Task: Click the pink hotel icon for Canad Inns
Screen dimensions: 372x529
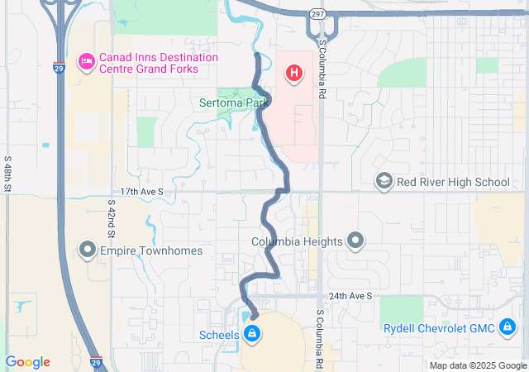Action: (85, 61)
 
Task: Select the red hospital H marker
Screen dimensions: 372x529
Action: (293, 74)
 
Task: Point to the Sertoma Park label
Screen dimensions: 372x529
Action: (234, 103)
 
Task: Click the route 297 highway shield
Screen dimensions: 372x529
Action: (317, 14)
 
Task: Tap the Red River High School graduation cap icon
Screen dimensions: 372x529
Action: (384, 182)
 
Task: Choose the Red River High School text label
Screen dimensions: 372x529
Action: (453, 182)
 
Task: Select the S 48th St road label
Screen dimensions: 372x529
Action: (7, 174)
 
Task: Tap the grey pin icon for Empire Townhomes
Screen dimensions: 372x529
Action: (88, 250)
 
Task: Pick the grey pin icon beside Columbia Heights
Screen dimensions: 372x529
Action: (355, 241)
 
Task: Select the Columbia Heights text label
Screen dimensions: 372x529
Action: (297, 242)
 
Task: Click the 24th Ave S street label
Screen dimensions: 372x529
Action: (350, 295)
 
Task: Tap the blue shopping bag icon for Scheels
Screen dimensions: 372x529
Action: (252, 335)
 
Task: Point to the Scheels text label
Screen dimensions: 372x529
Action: (220, 335)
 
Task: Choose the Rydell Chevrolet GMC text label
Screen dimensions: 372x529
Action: (439, 329)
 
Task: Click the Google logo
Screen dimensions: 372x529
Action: (27, 362)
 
